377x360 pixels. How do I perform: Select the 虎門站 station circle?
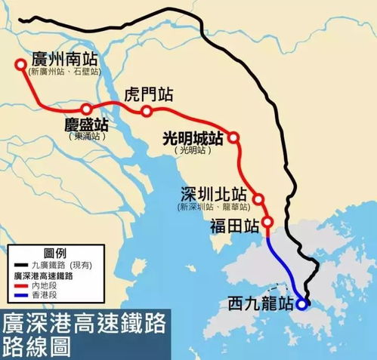146,112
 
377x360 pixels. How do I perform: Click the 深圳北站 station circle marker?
258,200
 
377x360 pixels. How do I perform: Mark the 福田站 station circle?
267,223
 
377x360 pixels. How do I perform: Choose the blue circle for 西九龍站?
301,305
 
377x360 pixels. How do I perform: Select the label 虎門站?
150,95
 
